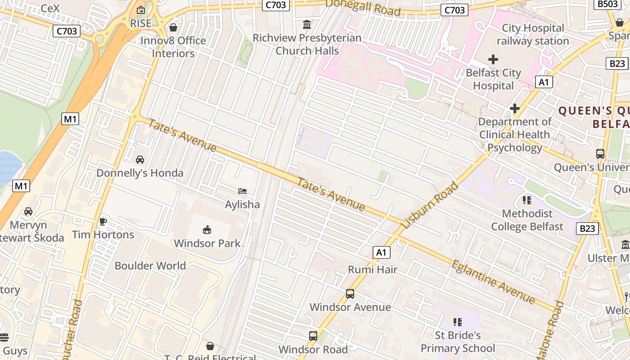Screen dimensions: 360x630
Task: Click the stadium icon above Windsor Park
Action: (207, 230)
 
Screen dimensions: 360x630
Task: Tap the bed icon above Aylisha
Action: (243, 191)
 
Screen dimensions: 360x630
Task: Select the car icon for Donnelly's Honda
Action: (140, 160)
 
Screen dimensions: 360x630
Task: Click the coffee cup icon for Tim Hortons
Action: (103, 221)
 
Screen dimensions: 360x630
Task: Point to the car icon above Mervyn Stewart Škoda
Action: (28, 211)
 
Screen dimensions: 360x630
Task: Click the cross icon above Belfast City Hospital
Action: (493, 59)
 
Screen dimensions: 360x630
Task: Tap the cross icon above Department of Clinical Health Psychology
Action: (515, 108)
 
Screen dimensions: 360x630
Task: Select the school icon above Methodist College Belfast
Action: (526, 200)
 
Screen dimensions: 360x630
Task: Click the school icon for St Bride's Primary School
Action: (458, 322)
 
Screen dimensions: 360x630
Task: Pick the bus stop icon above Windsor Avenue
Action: (350, 294)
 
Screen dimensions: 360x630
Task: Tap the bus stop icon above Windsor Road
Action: (313, 336)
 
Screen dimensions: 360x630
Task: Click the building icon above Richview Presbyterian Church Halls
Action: (307, 24)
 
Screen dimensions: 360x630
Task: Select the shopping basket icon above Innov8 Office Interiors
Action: (173, 27)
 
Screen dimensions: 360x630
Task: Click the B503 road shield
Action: (608, 4)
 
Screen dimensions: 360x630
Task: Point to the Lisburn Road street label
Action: (430, 205)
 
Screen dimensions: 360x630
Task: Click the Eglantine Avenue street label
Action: (494, 282)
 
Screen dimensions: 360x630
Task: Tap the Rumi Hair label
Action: (373, 270)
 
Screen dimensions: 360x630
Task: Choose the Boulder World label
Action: (150, 265)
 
